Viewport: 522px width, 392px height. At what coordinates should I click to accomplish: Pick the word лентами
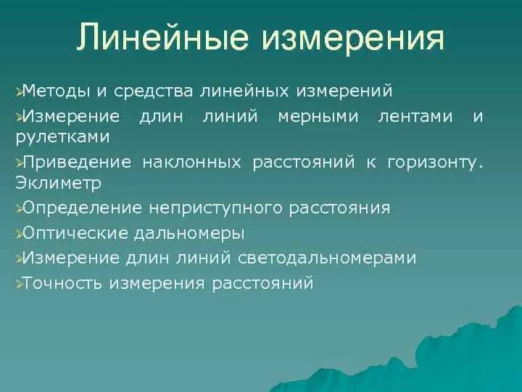click(416, 117)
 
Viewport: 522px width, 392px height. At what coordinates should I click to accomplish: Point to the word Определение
click(83, 208)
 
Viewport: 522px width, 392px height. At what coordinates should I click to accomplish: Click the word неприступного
click(216, 208)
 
